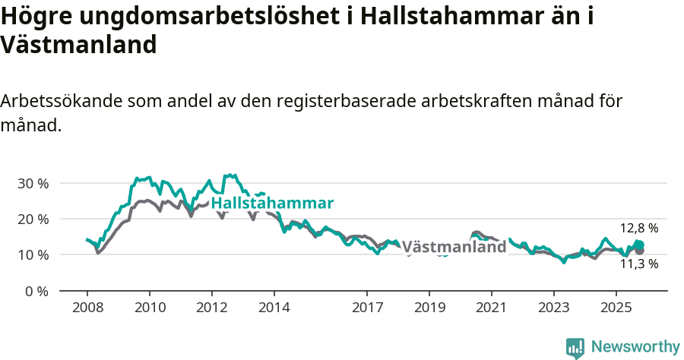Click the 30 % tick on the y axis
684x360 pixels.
tap(33, 183)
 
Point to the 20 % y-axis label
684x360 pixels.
tap(33, 219)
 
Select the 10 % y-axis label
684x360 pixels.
tap(33, 254)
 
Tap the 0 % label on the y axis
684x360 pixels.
tap(36, 291)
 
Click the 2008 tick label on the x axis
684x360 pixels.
tap(87, 308)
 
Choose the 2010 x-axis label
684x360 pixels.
tap(149, 308)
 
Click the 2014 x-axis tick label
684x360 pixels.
tap(274, 308)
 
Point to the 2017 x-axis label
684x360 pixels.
tap(367, 308)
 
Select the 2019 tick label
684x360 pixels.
tap(429, 308)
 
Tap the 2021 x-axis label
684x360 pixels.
tap(491, 308)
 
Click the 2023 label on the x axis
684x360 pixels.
tap(553, 308)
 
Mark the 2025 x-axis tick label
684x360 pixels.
tap(616, 308)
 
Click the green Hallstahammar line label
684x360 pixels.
tap(272, 204)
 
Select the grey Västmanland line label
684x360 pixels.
tap(454, 247)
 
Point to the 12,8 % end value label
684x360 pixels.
tap(639, 228)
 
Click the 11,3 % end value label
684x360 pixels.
tap(639, 264)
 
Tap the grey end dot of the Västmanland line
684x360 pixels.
tap(640, 251)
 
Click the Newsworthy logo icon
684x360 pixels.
tap(575, 348)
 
